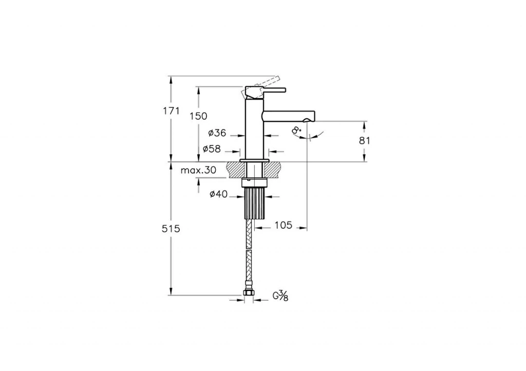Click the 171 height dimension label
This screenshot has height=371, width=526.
(x=172, y=110)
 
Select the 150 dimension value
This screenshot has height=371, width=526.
(x=198, y=116)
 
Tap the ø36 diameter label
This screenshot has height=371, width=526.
(x=217, y=133)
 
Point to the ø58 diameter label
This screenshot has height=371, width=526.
(x=212, y=149)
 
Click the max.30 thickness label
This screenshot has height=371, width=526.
(x=198, y=170)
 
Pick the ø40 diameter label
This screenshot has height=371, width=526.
(x=218, y=194)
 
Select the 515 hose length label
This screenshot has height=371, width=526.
(x=171, y=229)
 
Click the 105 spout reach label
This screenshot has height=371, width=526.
(x=283, y=225)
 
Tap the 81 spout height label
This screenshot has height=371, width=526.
(x=364, y=141)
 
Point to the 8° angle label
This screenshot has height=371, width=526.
(x=296, y=130)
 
